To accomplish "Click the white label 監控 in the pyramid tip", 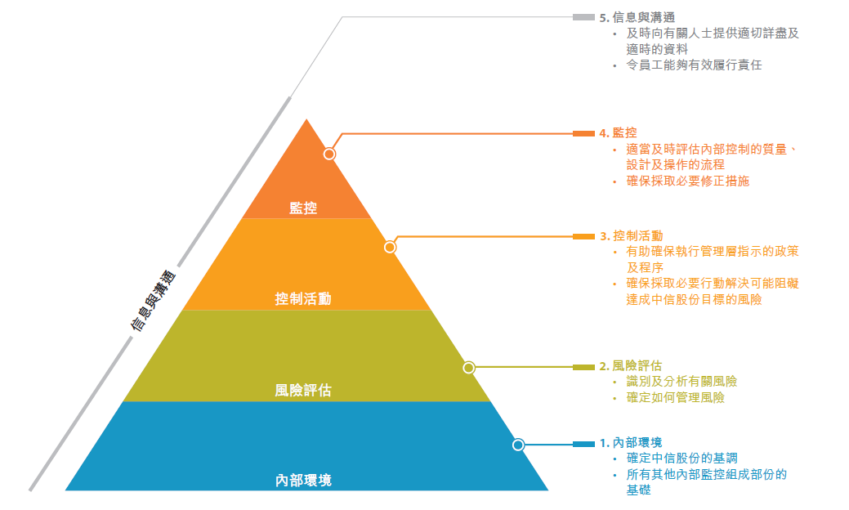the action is [x=303, y=208].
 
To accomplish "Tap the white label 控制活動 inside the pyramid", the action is [x=303, y=299].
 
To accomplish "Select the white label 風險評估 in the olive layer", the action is [x=303, y=391].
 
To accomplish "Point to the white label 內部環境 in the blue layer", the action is [x=303, y=481].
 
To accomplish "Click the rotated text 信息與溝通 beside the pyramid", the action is [x=154, y=301].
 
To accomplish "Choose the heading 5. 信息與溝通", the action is [x=637, y=18].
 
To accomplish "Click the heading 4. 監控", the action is [x=618, y=133].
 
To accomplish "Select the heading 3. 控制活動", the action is [x=632, y=236].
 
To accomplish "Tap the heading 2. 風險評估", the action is [x=630, y=366].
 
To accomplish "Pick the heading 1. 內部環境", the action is [x=631, y=443].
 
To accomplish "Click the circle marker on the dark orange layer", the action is [x=329, y=154].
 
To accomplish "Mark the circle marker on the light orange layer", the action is [x=390, y=248].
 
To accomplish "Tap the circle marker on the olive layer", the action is [x=469, y=368].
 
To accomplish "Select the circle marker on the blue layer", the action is [x=518, y=445].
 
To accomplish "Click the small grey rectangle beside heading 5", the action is [x=583, y=17].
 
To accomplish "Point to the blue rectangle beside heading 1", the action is [x=583, y=445].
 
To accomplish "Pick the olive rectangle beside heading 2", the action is [x=583, y=368].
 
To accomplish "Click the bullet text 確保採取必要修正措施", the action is [x=688, y=181].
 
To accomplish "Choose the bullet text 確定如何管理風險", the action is [x=675, y=398].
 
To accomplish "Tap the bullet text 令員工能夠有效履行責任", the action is [x=694, y=65].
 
